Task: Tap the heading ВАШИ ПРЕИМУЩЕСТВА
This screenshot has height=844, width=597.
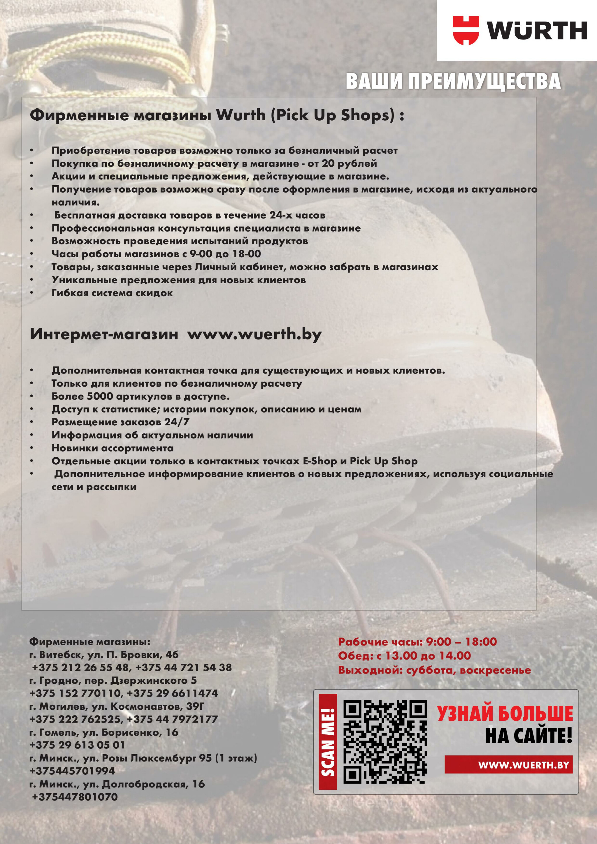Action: point(453,81)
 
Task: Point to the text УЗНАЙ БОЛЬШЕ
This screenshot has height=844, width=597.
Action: point(505,713)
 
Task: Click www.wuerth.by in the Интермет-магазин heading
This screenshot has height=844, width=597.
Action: point(254,334)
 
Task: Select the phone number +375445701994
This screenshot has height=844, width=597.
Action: point(72,771)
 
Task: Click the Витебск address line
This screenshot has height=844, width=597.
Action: point(104,654)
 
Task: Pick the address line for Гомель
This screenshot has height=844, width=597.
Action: point(104,732)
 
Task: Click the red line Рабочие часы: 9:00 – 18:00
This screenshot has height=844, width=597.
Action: point(417,642)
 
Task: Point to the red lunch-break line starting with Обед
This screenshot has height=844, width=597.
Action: point(404,656)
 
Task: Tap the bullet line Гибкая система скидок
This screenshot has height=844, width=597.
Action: point(112,293)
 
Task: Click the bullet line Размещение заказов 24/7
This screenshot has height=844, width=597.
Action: point(120,422)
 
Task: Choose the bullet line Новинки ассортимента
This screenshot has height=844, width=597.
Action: point(112,448)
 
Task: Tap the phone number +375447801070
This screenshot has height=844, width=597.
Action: point(75,797)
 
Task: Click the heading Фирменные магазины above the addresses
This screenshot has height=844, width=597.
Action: point(90,642)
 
